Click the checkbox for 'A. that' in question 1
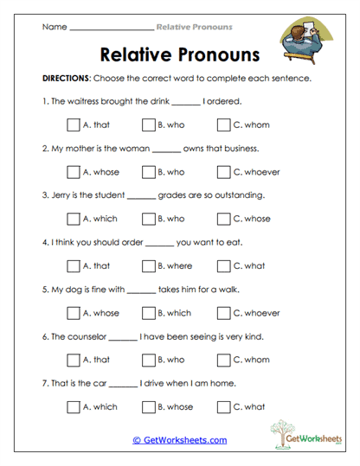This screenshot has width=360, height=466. click(x=73, y=124)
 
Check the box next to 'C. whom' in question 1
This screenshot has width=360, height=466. click(x=224, y=124)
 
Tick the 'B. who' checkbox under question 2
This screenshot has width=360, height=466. click(x=148, y=171)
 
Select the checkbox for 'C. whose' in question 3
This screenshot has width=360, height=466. click(x=224, y=219)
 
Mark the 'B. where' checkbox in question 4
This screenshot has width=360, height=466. click(x=148, y=265)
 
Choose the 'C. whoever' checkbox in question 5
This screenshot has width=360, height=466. click(x=224, y=312)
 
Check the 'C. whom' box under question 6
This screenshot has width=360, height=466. click(x=224, y=360)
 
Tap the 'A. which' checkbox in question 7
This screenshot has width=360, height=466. click(x=73, y=406)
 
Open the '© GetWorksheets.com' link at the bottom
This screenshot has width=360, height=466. click(x=179, y=440)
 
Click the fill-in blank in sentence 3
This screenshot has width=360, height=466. click(x=140, y=196)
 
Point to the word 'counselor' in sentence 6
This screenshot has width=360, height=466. click(x=87, y=336)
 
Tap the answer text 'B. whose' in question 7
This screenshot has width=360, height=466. click(x=176, y=406)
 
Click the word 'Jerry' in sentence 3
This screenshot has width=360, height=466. click(x=61, y=195)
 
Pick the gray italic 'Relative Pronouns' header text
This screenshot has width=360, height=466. click(x=194, y=27)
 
